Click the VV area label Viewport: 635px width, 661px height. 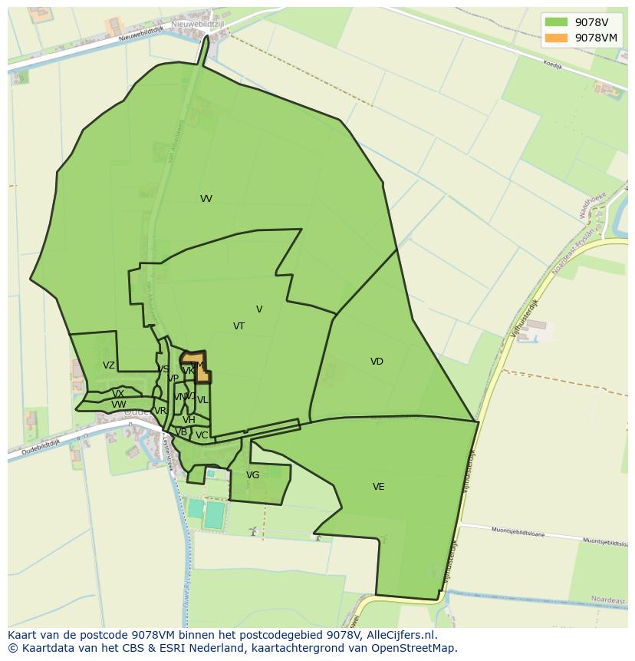(x=206, y=199)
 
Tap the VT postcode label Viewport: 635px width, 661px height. (x=239, y=326)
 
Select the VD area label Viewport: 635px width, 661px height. (x=377, y=362)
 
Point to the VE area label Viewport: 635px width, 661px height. (x=378, y=487)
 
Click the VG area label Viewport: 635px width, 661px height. (x=252, y=475)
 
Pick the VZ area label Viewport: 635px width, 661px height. (x=109, y=366)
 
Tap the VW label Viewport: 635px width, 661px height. (x=118, y=405)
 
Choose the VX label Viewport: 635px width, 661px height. (x=118, y=394)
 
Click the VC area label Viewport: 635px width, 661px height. (x=201, y=435)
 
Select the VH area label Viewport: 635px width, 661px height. (x=189, y=420)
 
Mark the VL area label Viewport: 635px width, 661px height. (x=202, y=400)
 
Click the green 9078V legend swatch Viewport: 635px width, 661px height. (x=556, y=22)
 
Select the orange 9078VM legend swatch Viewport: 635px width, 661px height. (x=556, y=38)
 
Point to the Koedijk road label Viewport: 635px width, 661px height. (x=552, y=65)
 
